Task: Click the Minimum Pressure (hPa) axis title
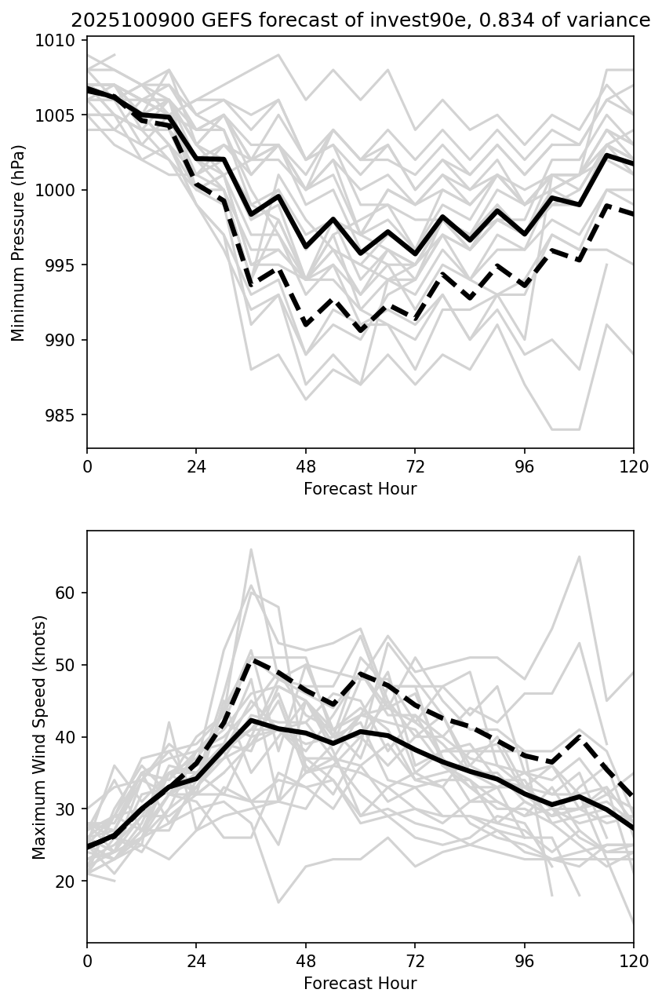pyautogui.click(x=19, y=243)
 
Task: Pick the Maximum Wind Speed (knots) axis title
pyautogui.click(x=40, y=737)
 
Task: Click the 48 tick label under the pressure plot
pyautogui.click(x=305, y=465)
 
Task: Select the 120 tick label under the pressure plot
pyautogui.click(x=633, y=465)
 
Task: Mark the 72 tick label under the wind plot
pyautogui.click(x=415, y=960)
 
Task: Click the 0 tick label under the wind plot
pyautogui.click(x=87, y=960)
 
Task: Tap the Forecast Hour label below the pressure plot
pyautogui.click(x=360, y=489)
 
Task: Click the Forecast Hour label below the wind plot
pyautogui.click(x=360, y=984)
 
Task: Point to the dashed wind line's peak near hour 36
pyautogui.click(x=251, y=659)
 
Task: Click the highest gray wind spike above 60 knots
pyautogui.click(x=251, y=549)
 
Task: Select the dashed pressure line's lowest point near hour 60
pyautogui.click(x=360, y=330)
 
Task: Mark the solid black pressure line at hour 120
pyautogui.click(x=632, y=163)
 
